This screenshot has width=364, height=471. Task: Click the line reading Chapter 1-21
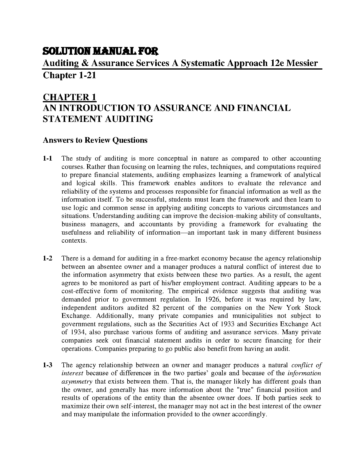pyautogui.click(x=70, y=75)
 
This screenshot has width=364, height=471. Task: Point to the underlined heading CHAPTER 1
pyautogui.click(x=70, y=97)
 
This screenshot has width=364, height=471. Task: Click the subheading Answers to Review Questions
pyautogui.click(x=95, y=140)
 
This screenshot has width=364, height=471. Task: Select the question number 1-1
pyautogui.click(x=48, y=158)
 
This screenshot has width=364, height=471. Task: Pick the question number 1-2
pyautogui.click(x=48, y=258)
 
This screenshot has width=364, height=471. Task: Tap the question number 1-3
pyautogui.click(x=48, y=365)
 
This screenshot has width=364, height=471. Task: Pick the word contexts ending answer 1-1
pyautogui.click(x=74, y=241)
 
